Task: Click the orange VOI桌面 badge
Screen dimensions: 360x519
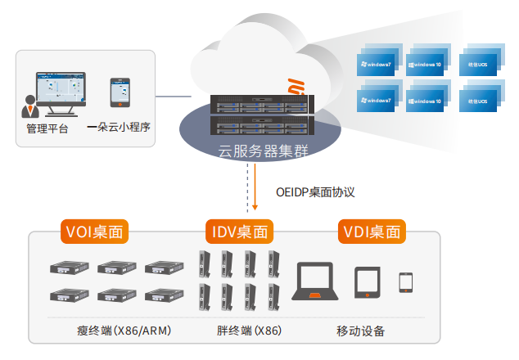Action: pyautogui.click(x=96, y=232)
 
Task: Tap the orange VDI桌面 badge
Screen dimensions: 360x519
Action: pyautogui.click(x=372, y=232)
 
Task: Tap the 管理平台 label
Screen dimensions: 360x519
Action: pyautogui.click(x=47, y=128)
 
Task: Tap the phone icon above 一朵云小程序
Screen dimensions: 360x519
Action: pyautogui.click(x=120, y=93)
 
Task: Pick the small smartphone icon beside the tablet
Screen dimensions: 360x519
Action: pyautogui.click(x=405, y=282)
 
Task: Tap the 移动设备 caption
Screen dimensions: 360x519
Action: pyautogui.click(x=360, y=331)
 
